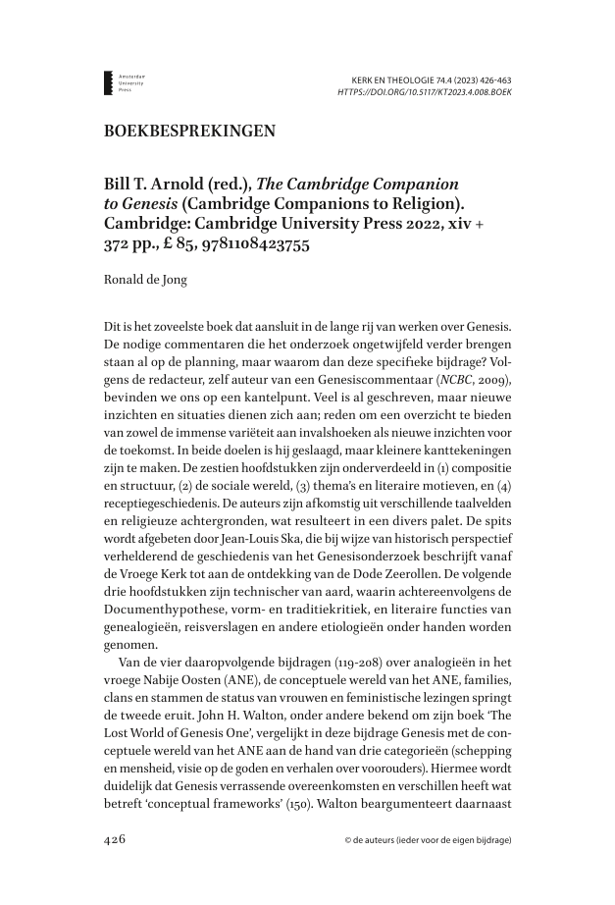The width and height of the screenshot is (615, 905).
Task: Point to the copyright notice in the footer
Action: pyautogui.click(x=428, y=841)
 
